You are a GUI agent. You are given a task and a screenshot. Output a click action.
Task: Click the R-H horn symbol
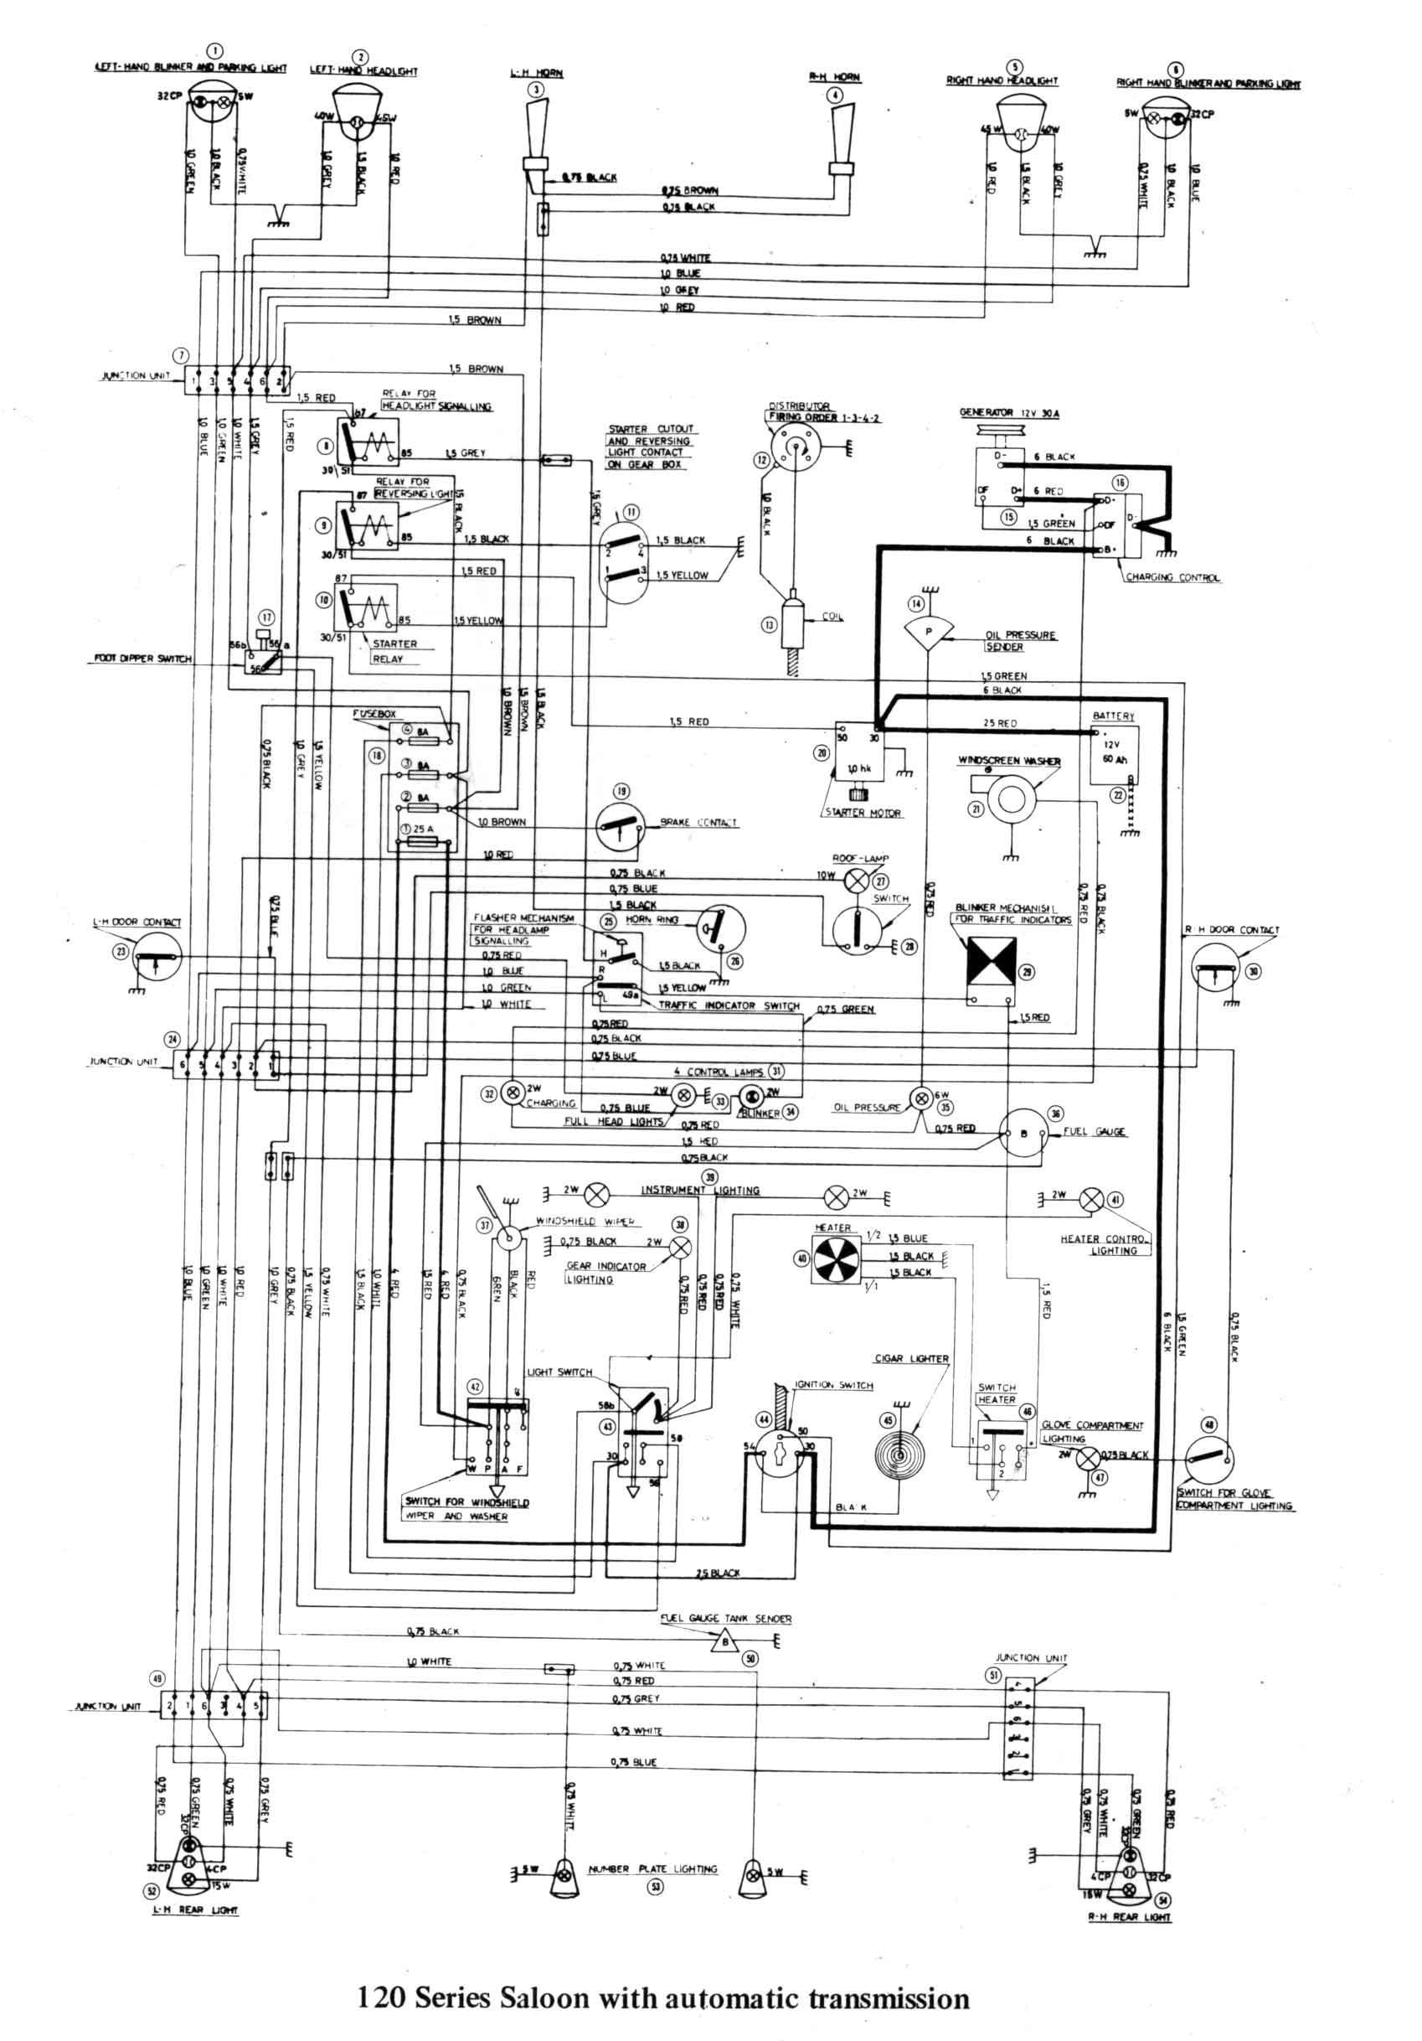tap(842, 133)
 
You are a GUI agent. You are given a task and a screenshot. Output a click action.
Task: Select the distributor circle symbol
tap(794, 443)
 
